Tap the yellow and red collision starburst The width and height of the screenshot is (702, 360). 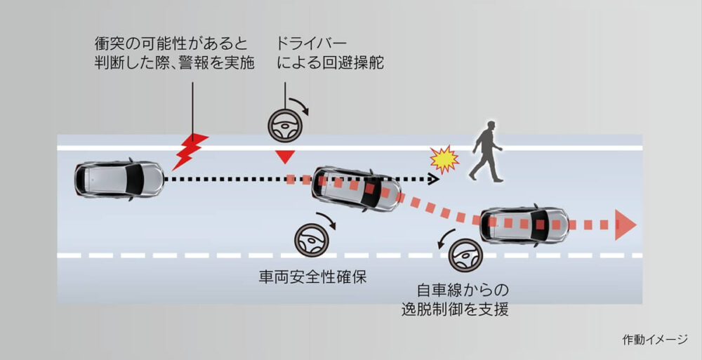(x=444, y=160)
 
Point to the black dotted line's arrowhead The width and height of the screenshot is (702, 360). (x=432, y=180)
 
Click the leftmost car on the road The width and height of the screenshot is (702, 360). (x=119, y=178)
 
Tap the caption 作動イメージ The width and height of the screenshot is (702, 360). (x=654, y=340)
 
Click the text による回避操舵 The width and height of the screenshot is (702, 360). (x=330, y=63)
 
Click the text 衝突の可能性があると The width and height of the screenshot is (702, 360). (x=171, y=44)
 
